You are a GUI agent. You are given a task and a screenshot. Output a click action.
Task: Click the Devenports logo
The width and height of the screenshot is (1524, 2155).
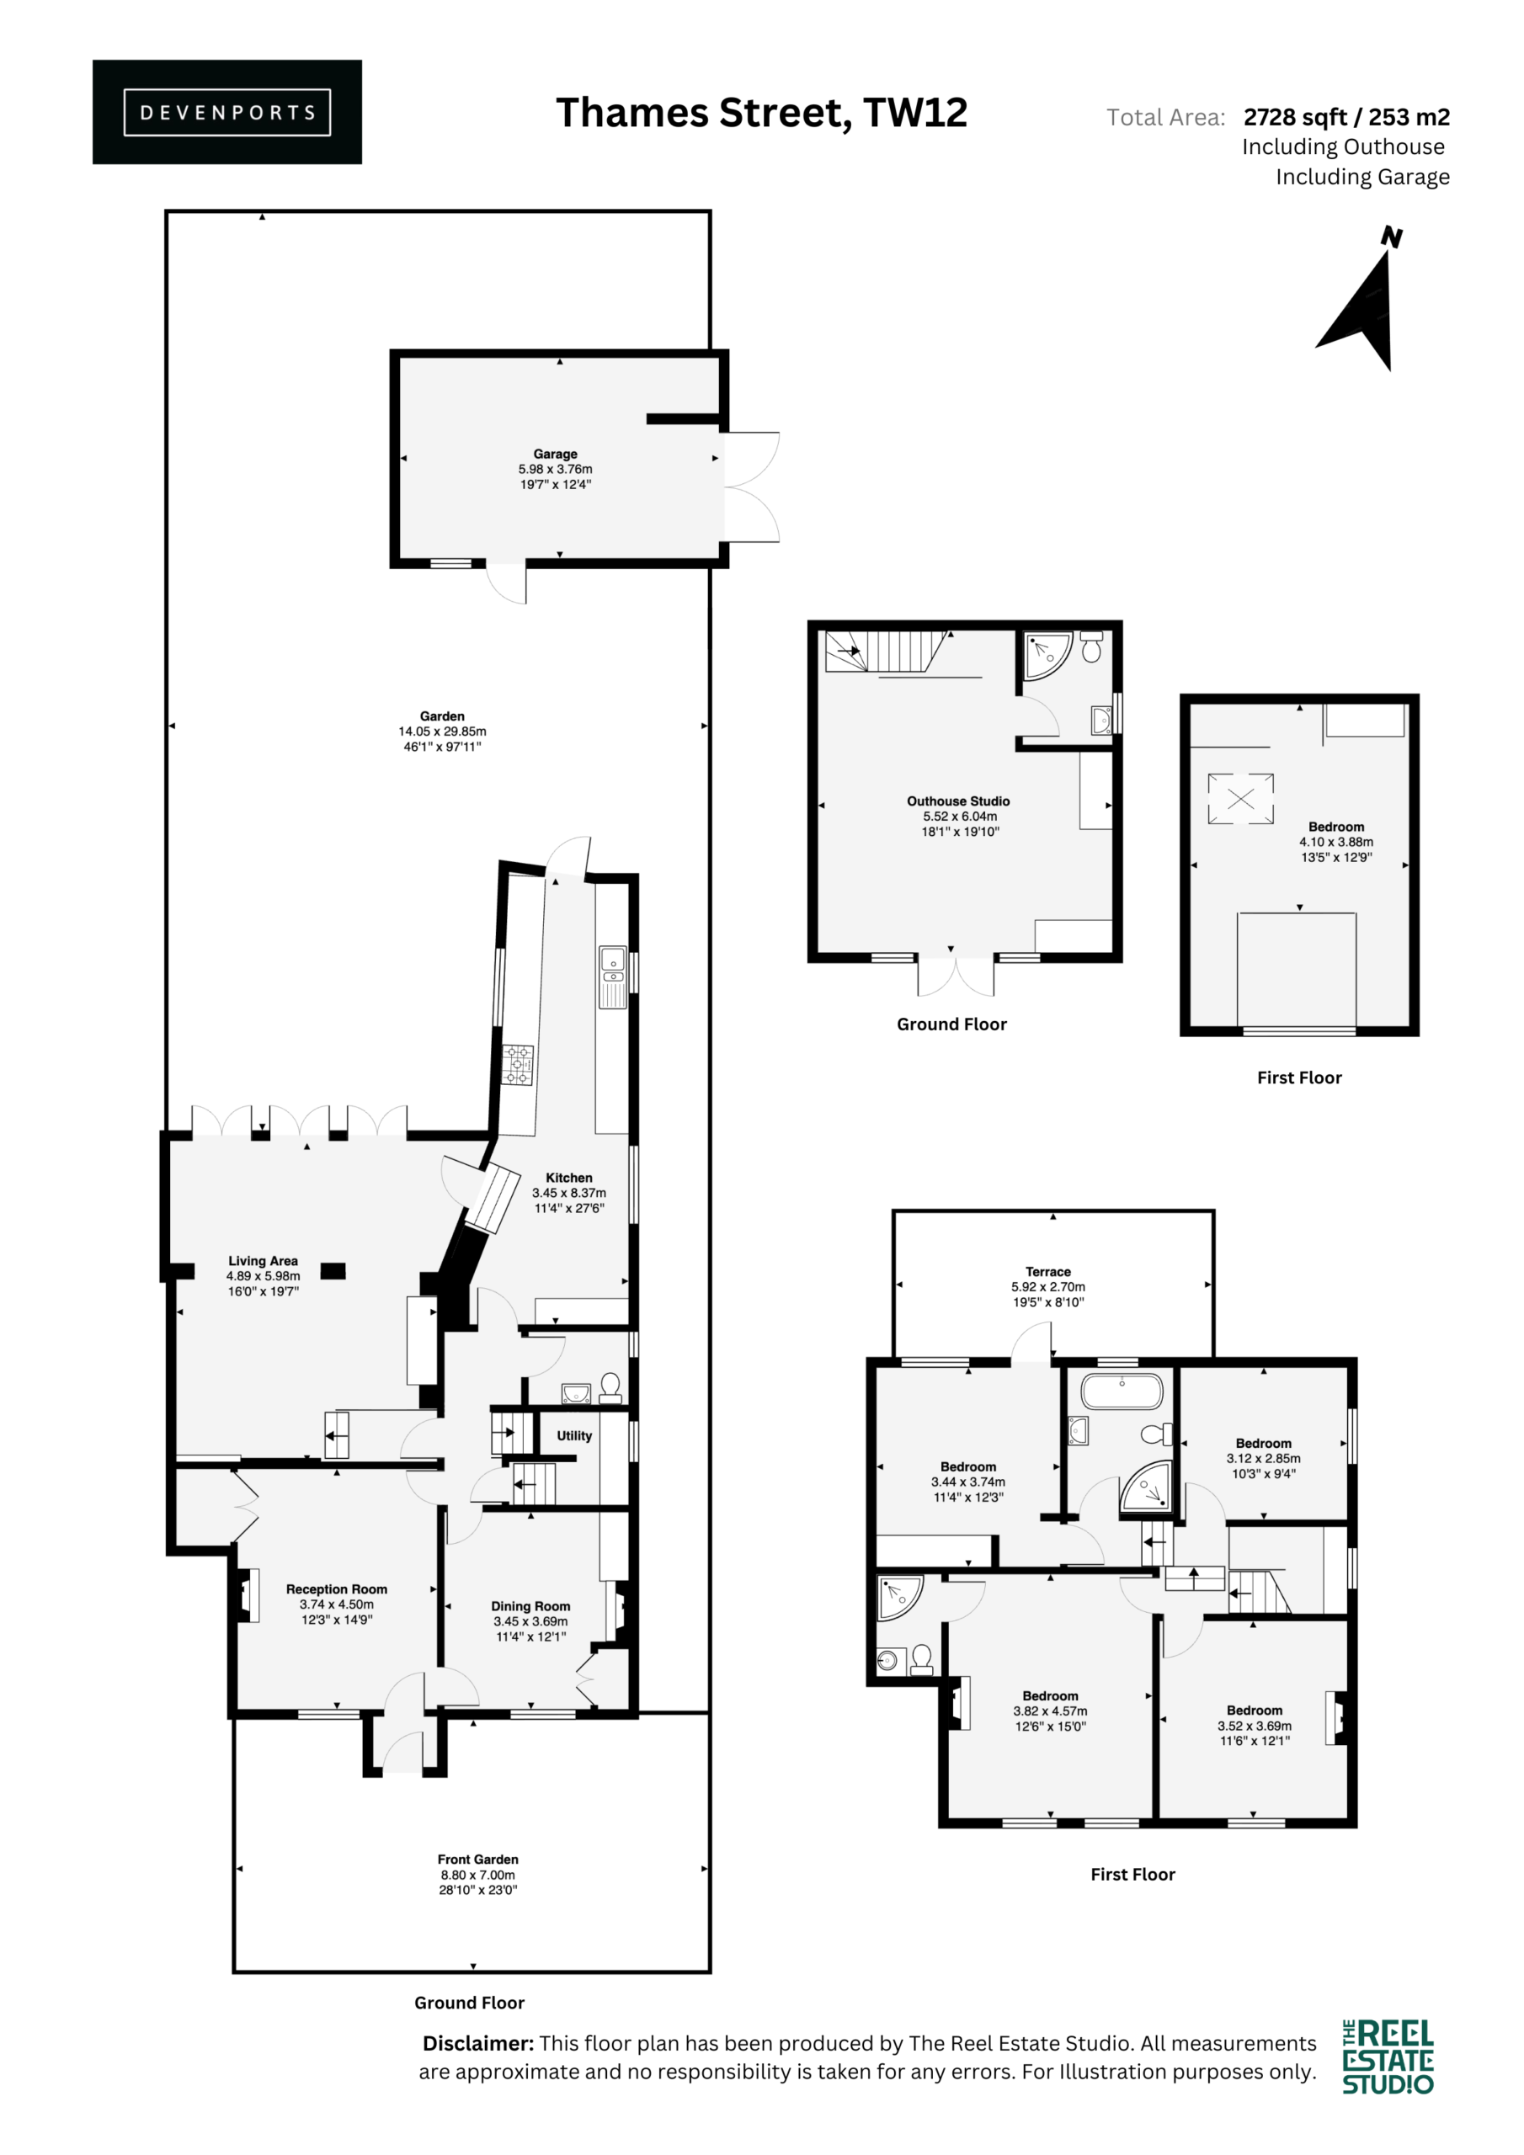pos(226,112)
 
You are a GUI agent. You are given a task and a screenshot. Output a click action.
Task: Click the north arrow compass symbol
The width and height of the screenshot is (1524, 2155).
pos(1361,301)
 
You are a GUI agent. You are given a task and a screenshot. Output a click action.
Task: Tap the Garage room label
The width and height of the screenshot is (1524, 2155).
pos(555,455)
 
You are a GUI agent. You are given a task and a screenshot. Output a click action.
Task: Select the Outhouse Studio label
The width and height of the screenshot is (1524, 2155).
pos(958,801)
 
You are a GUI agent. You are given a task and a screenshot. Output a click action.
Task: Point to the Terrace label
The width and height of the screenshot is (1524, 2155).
pos(1048,1272)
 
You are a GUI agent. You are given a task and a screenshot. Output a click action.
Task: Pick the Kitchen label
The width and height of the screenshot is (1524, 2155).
pos(569,1178)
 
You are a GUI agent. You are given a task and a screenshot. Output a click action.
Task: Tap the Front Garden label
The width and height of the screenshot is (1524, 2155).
pos(478,1860)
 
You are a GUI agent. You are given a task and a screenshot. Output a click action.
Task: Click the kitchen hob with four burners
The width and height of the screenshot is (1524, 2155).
pos(517,1066)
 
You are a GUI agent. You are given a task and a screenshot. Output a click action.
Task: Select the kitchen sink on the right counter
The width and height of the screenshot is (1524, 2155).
pos(612,976)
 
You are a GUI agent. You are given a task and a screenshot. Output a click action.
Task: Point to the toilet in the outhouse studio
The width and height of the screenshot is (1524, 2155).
pos(1091,646)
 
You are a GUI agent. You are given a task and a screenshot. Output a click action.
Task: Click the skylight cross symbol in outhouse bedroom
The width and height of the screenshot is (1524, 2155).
pos(1240,799)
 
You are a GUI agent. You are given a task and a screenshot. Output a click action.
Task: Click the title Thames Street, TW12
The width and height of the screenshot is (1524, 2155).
pos(761,113)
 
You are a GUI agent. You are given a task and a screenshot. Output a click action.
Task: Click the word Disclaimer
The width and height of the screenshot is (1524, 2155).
pos(478,2043)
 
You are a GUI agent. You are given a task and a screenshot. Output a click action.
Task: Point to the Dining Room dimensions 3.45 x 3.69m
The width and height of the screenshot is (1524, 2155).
pos(530,1621)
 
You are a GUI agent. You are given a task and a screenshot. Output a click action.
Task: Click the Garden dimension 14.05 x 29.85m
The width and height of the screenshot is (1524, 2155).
pos(442,732)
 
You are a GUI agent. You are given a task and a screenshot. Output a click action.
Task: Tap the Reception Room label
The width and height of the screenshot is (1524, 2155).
pos(336,1589)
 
